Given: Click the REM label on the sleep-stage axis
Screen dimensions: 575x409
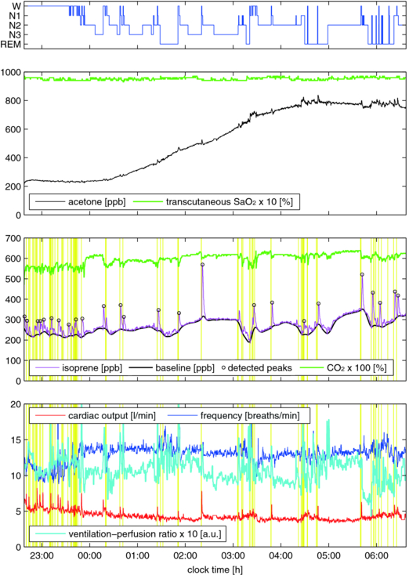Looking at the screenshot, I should coord(11,45).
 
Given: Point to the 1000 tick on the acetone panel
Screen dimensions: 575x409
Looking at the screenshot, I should coord(11,73).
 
